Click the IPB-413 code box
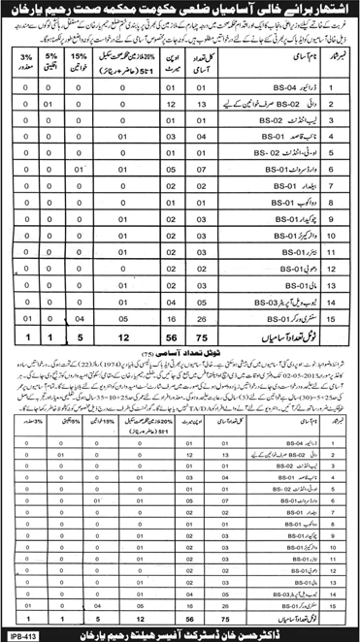21,634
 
